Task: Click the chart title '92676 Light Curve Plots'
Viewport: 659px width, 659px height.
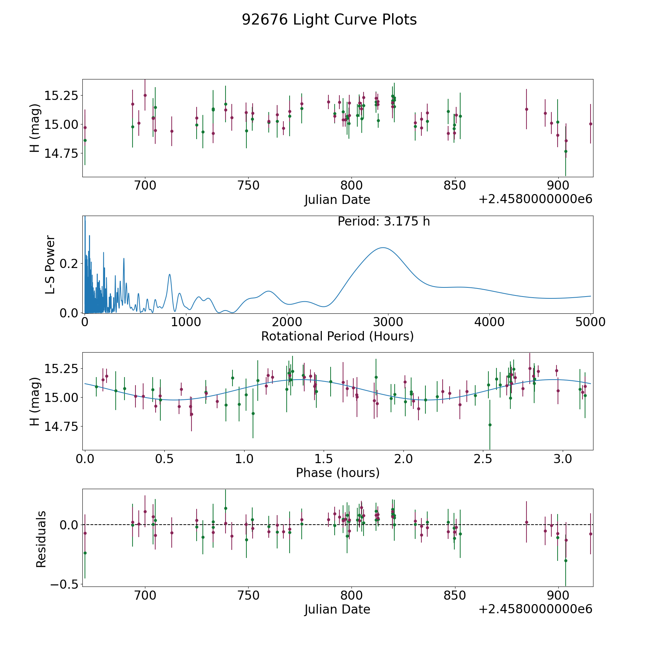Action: [329, 20]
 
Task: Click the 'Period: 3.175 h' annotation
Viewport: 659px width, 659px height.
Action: [384, 221]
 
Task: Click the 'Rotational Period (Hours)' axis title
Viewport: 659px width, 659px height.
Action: [337, 336]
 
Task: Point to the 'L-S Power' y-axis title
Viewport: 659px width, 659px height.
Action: [50, 264]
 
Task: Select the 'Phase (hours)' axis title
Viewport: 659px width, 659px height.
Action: [338, 473]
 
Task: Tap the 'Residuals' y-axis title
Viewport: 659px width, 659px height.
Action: [41, 539]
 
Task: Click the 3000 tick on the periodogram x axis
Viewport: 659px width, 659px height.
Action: [388, 322]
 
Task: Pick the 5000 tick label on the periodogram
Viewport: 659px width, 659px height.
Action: [590, 322]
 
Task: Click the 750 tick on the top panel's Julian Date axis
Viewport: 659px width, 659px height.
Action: [248, 186]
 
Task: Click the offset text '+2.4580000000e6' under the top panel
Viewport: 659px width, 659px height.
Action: [535, 199]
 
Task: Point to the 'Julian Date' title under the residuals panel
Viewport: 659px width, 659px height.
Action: [337, 609]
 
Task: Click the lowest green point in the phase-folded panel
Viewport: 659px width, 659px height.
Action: [490, 425]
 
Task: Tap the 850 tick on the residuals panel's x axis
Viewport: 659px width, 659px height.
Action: [455, 595]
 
